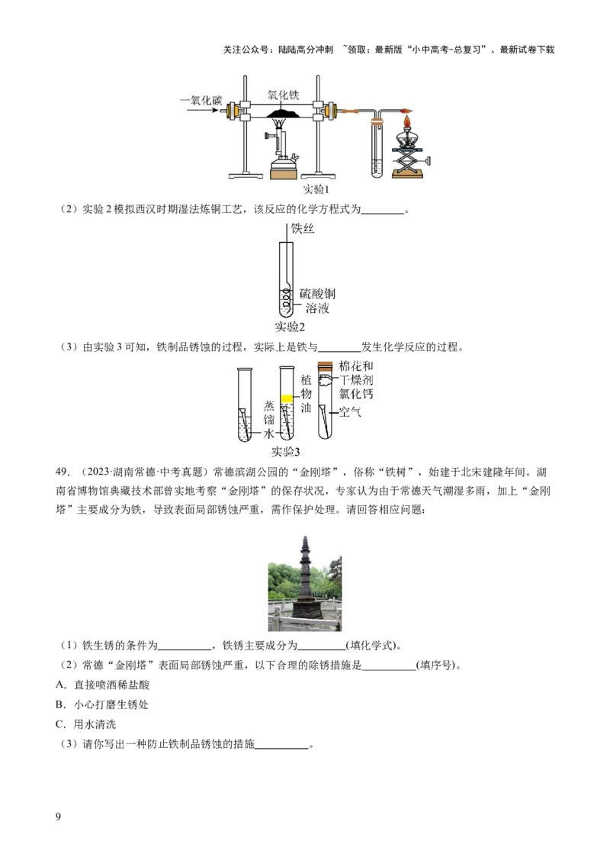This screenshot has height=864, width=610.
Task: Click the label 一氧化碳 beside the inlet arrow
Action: click(201, 100)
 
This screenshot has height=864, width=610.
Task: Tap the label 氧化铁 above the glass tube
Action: click(283, 95)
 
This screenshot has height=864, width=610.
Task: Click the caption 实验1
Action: click(315, 189)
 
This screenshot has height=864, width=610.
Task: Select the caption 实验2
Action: click(290, 327)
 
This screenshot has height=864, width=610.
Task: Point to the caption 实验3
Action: click(285, 452)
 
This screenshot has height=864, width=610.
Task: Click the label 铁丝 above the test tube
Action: click(302, 228)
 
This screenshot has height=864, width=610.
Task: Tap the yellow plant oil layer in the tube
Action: click(287, 398)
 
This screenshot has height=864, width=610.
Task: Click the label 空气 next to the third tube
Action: click(349, 411)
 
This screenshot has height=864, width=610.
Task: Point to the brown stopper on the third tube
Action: click(325, 365)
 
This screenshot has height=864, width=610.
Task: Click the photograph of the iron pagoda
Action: click(304, 583)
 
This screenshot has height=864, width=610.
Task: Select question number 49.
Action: click(63, 472)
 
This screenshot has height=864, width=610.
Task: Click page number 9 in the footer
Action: click(59, 817)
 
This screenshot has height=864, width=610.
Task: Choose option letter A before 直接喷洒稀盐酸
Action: click(60, 685)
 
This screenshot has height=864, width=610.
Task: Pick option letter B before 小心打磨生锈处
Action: click(60, 704)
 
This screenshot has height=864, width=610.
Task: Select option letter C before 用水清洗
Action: click(60, 724)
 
